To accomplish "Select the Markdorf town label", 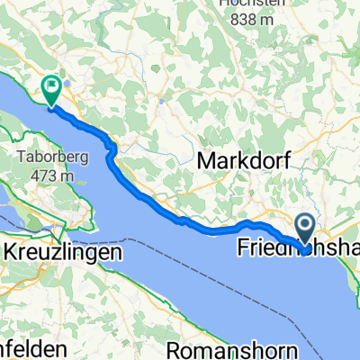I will pyautogui.click(x=238, y=161).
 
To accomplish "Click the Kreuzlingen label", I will pyautogui.click(x=64, y=229).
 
